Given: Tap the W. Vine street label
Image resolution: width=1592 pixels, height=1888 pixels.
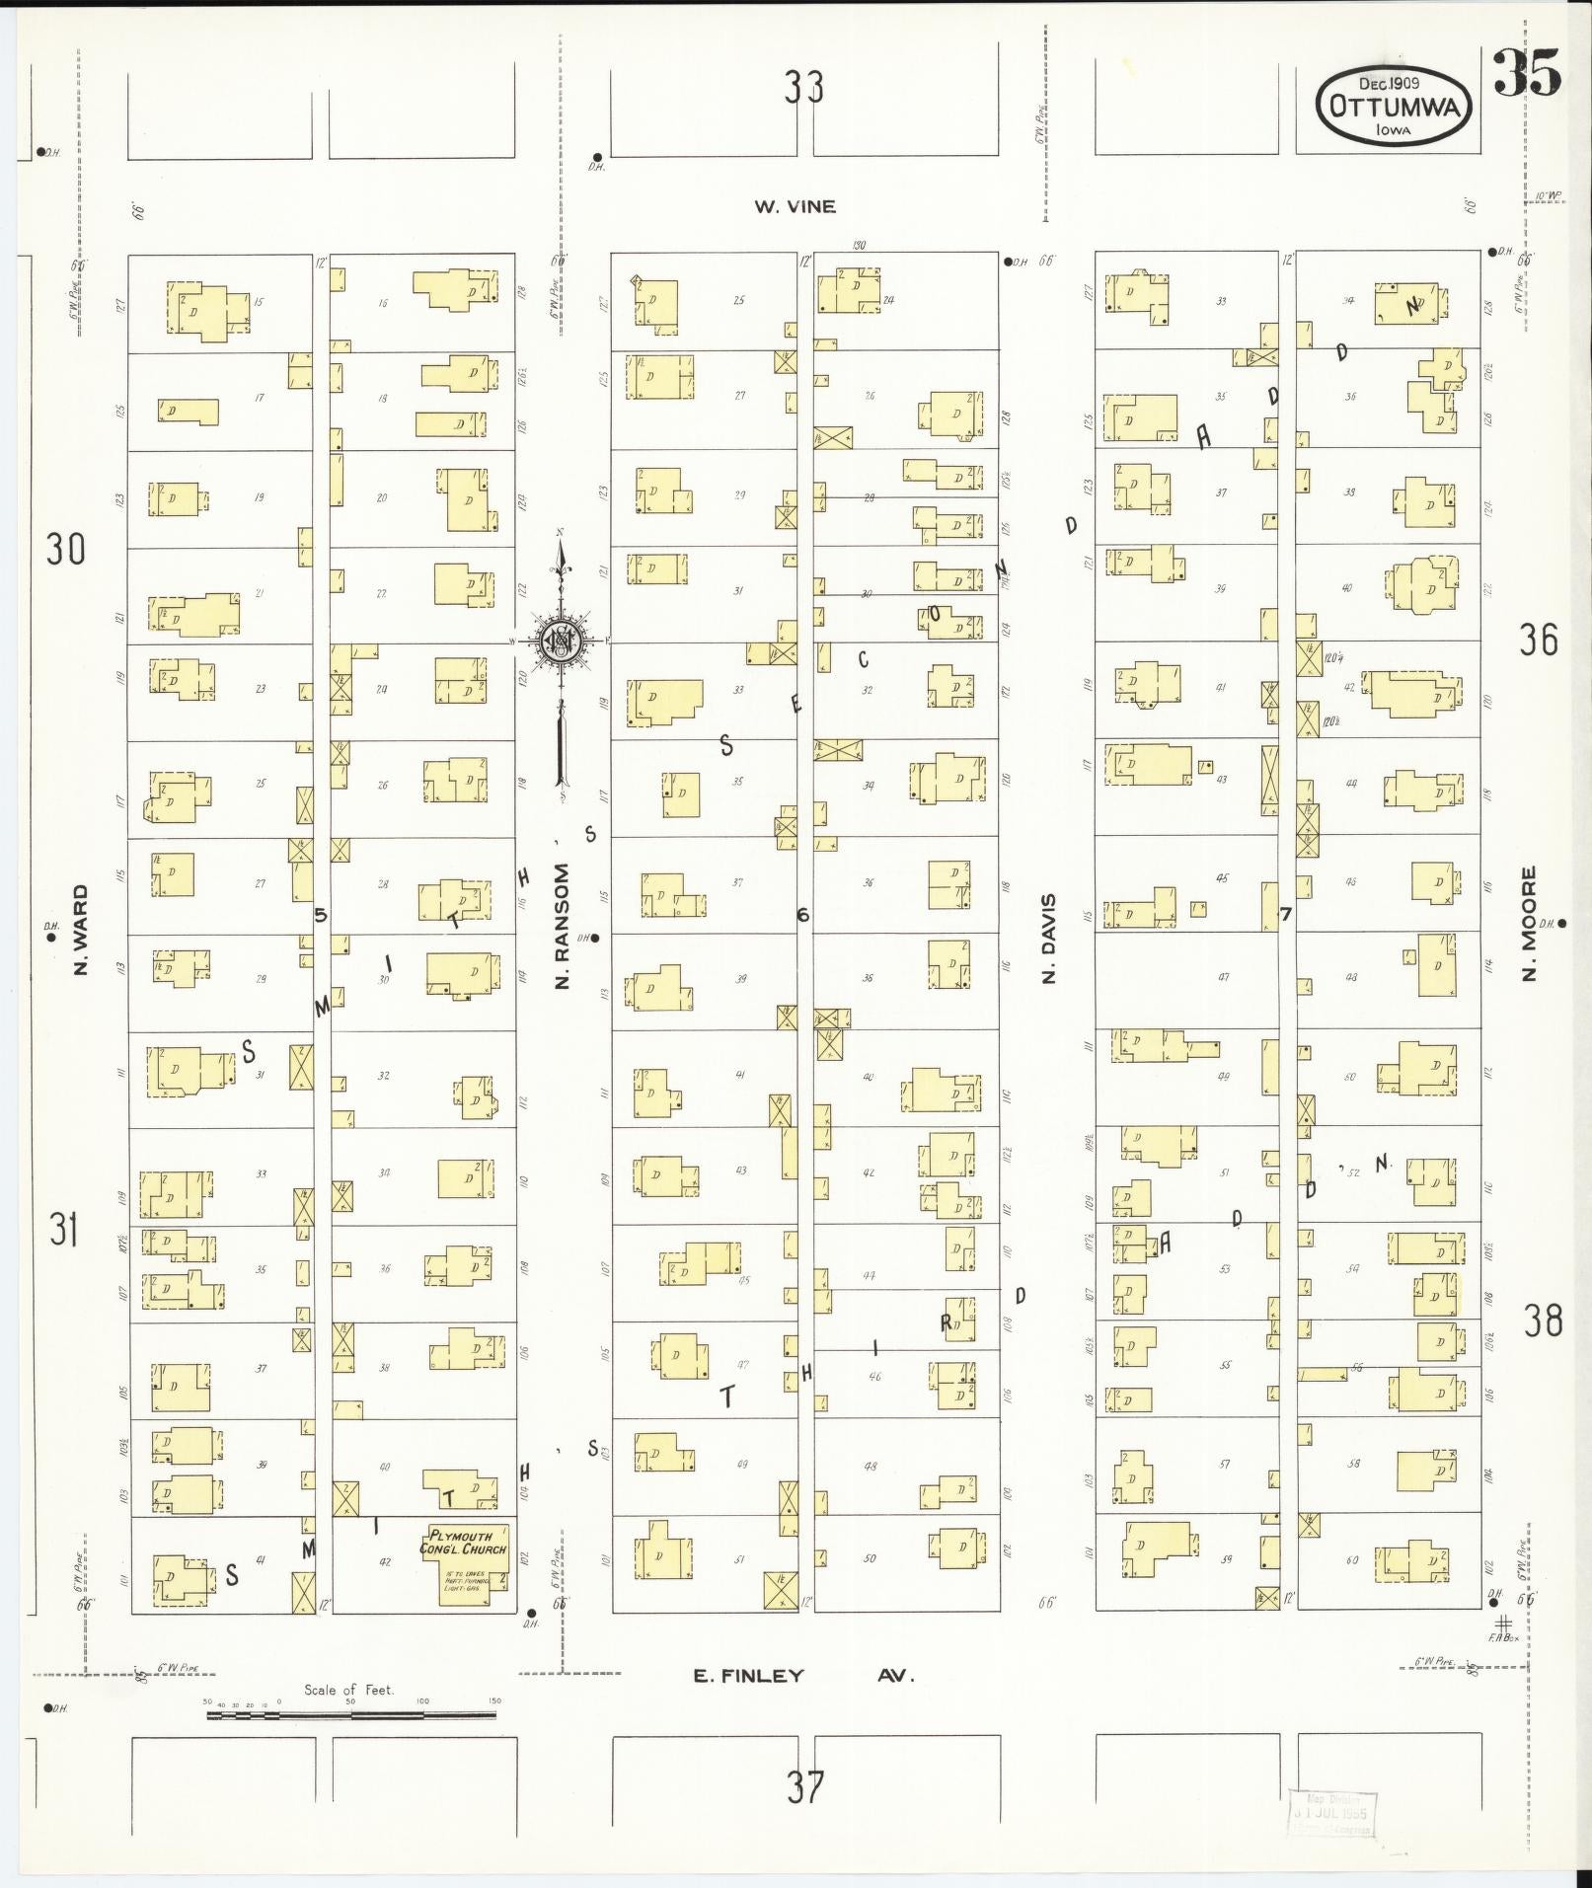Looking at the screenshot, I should pos(795,206).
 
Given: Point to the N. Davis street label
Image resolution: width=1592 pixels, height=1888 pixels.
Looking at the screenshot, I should pos(1048,938).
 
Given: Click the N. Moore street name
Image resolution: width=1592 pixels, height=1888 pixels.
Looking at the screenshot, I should pos(1529,924).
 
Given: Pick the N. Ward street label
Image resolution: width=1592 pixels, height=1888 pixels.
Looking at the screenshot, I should pos(81,929).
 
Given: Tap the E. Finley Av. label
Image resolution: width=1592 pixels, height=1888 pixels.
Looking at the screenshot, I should pos(804,1675).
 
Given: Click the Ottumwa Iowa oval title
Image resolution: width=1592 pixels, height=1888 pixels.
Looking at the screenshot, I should pos(1395,106).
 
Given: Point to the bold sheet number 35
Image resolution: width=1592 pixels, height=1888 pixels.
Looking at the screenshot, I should pos(1526,74).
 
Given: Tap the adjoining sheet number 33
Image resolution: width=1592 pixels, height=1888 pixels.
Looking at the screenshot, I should pos(803,89).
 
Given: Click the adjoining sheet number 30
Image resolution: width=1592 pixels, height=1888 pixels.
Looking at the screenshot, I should pos(65,548).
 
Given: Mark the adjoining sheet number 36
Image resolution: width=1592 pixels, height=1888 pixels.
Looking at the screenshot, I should pos(1539,641).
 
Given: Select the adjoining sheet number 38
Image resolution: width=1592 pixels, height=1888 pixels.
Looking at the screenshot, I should pos(1542,1320).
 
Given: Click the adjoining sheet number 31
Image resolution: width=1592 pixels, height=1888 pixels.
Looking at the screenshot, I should pos(64,1230).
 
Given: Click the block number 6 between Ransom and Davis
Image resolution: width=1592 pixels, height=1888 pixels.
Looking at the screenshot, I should pos(803,915).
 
